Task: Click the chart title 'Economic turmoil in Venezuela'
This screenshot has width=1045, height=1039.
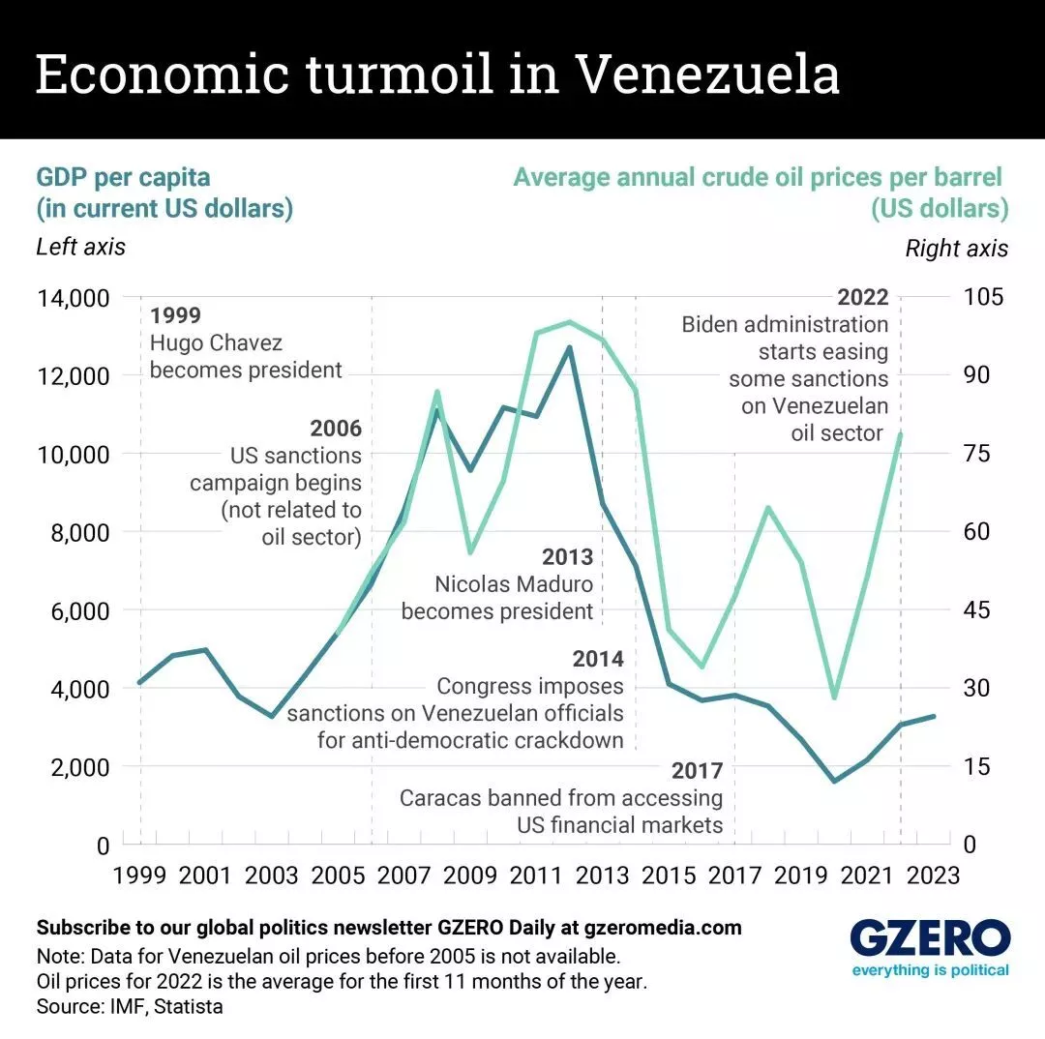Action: (437, 74)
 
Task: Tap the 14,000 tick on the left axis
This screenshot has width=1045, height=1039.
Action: (73, 298)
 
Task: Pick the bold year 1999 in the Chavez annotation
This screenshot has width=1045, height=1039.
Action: (175, 316)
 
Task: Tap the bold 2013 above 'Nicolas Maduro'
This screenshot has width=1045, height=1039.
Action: (567, 558)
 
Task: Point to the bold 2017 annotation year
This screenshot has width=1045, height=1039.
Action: (697, 771)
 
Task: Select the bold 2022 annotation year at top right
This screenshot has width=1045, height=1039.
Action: (862, 297)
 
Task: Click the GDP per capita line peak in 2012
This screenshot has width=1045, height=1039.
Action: (570, 347)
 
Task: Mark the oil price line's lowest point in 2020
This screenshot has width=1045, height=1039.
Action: (835, 698)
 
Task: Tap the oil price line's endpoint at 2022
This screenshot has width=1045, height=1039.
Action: (901, 434)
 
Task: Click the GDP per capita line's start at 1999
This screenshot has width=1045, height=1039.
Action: (140, 683)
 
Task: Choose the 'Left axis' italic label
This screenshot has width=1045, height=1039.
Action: (80, 247)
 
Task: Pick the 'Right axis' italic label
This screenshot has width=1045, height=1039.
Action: (956, 249)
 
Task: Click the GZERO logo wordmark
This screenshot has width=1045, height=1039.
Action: (930, 938)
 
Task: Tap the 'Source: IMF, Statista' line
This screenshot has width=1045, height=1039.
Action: (129, 1006)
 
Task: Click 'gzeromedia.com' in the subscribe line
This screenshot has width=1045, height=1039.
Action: (663, 928)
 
